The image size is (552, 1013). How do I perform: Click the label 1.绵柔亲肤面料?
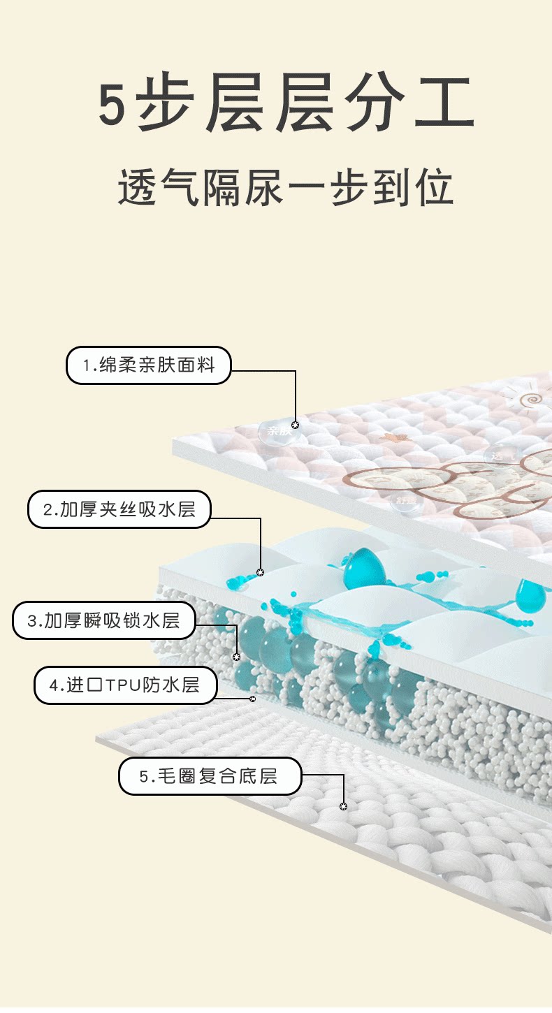pos(148,365)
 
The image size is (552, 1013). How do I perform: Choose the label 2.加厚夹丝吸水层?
pos(119,509)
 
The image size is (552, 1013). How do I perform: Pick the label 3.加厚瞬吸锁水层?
pos(103,620)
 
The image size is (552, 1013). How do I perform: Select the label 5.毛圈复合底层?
pos(210,776)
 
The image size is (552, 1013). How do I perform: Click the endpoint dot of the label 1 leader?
pos(295,425)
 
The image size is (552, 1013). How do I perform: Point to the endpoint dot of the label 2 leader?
pos(260,573)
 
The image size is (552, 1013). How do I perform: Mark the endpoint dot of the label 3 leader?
pos(236,657)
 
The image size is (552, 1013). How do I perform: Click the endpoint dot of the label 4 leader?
pos(252,699)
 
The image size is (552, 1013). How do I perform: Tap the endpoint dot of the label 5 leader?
pos(343,806)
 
